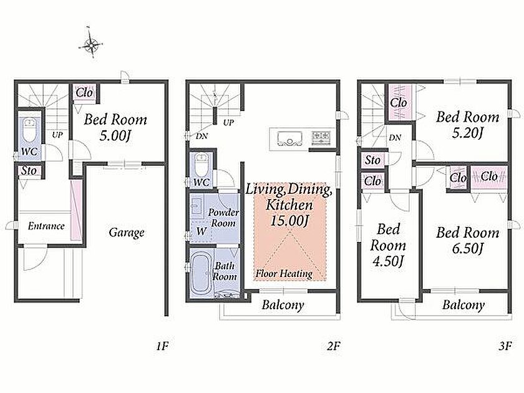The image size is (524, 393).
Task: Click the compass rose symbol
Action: tap(90, 44)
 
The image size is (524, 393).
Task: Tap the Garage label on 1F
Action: tap(126, 233)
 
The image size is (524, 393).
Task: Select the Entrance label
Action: tap(46, 226)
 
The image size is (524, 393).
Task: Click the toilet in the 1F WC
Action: tap(29, 131)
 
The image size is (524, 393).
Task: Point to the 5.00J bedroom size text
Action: tap(115, 136)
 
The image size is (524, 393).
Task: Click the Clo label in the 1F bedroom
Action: tap(84, 92)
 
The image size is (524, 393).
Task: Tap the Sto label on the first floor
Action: tap(29, 171)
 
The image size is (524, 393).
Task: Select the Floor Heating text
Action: tap(284, 274)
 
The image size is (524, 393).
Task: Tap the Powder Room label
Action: tap(223, 218)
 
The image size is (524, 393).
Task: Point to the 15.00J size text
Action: tap(289, 221)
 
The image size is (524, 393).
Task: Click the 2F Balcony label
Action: tap(283, 305)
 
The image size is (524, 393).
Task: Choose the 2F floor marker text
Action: tap(333, 346)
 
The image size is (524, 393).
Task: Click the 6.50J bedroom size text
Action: tap(467, 248)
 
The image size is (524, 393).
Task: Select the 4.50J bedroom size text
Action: tap(388, 261)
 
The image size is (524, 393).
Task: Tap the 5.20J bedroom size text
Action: tap(467, 133)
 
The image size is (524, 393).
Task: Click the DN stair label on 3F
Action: tap(395, 137)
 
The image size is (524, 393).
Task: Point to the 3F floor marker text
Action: tap(505, 346)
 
